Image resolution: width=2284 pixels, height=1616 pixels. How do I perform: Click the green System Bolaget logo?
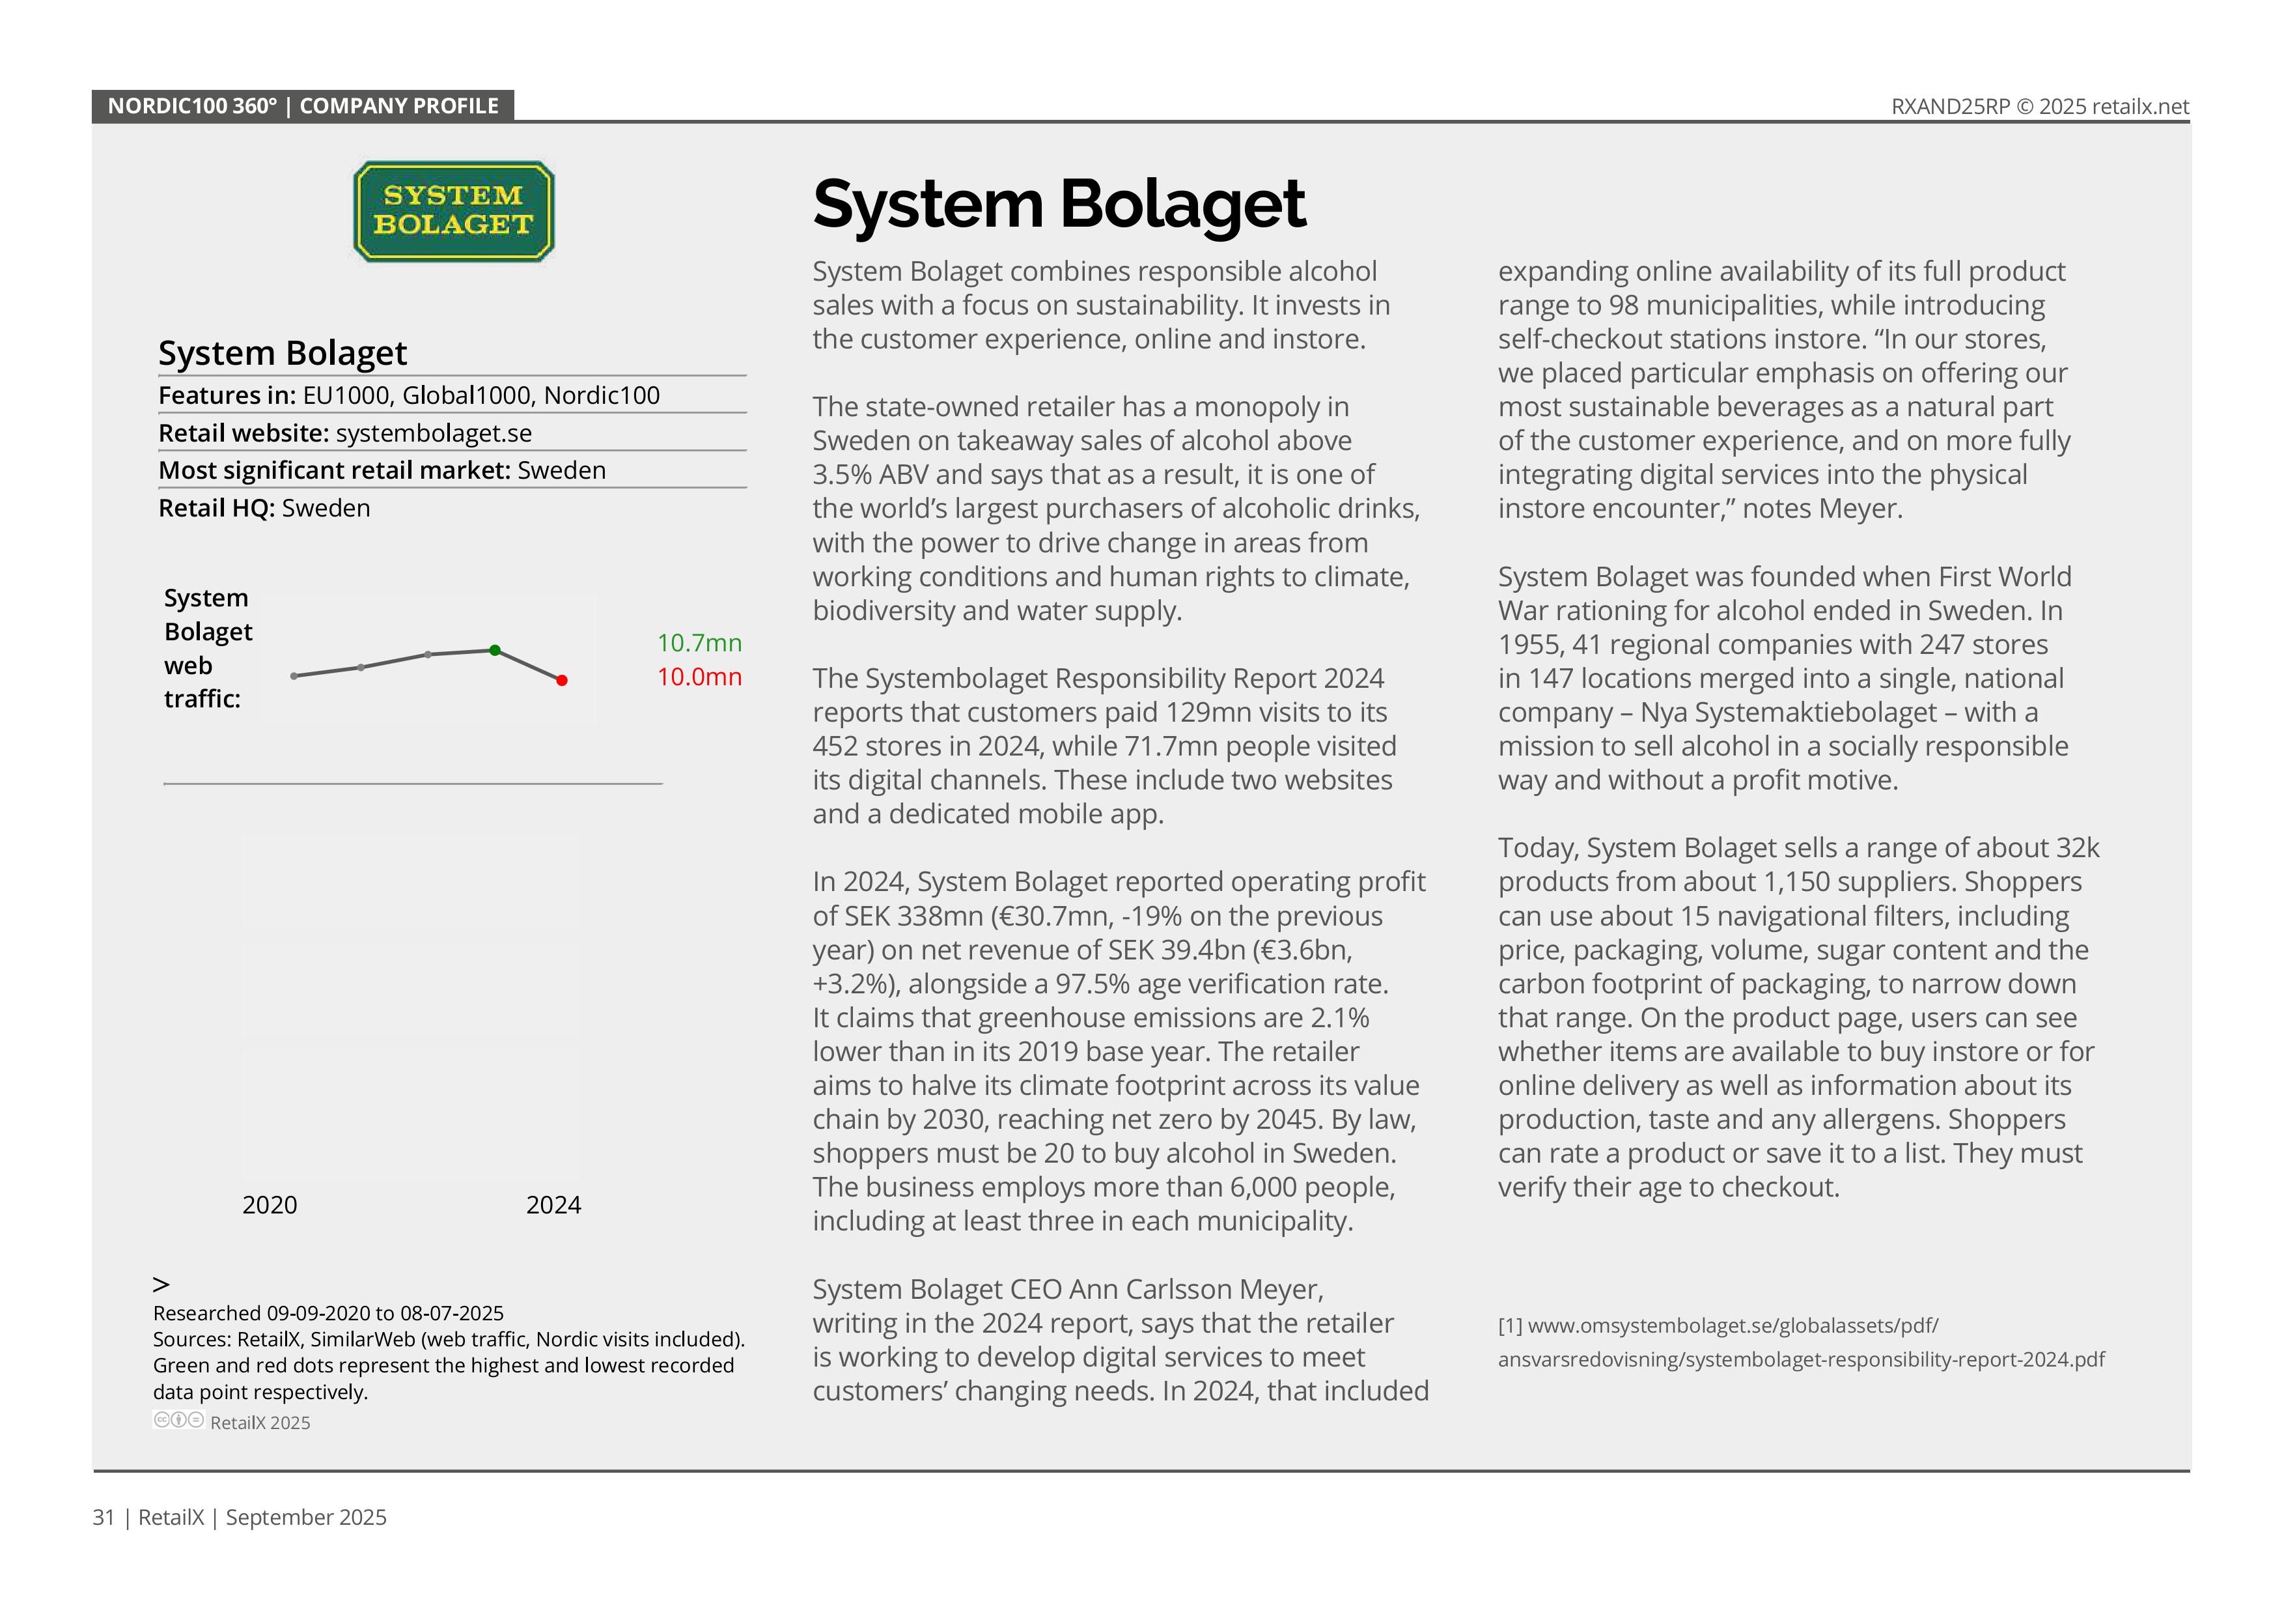pyautogui.click(x=454, y=212)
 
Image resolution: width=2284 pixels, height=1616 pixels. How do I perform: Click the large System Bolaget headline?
pyautogui.click(x=1059, y=204)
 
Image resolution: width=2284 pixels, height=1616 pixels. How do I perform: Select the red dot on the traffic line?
pyautogui.click(x=562, y=681)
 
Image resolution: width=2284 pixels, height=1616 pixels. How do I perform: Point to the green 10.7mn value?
pyautogui.click(x=699, y=643)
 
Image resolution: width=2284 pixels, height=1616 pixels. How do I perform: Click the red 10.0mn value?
pyautogui.click(x=699, y=677)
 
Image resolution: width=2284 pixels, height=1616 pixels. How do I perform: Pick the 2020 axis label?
pyautogui.click(x=270, y=1205)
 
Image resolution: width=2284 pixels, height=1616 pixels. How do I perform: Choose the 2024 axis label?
pyautogui.click(x=553, y=1205)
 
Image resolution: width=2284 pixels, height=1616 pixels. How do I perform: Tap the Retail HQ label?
pyautogui.click(x=217, y=509)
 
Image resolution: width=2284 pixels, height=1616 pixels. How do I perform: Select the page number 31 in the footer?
pyautogui.click(x=104, y=1518)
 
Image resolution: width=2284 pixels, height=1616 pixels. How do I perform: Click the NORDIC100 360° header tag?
pyautogui.click(x=302, y=106)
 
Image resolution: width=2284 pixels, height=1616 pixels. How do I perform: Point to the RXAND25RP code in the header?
pyautogui.click(x=1950, y=106)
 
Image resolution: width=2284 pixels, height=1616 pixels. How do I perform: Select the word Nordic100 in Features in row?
pyautogui.click(x=602, y=396)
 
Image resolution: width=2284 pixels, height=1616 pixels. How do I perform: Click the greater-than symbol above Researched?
pyautogui.click(x=161, y=1284)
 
